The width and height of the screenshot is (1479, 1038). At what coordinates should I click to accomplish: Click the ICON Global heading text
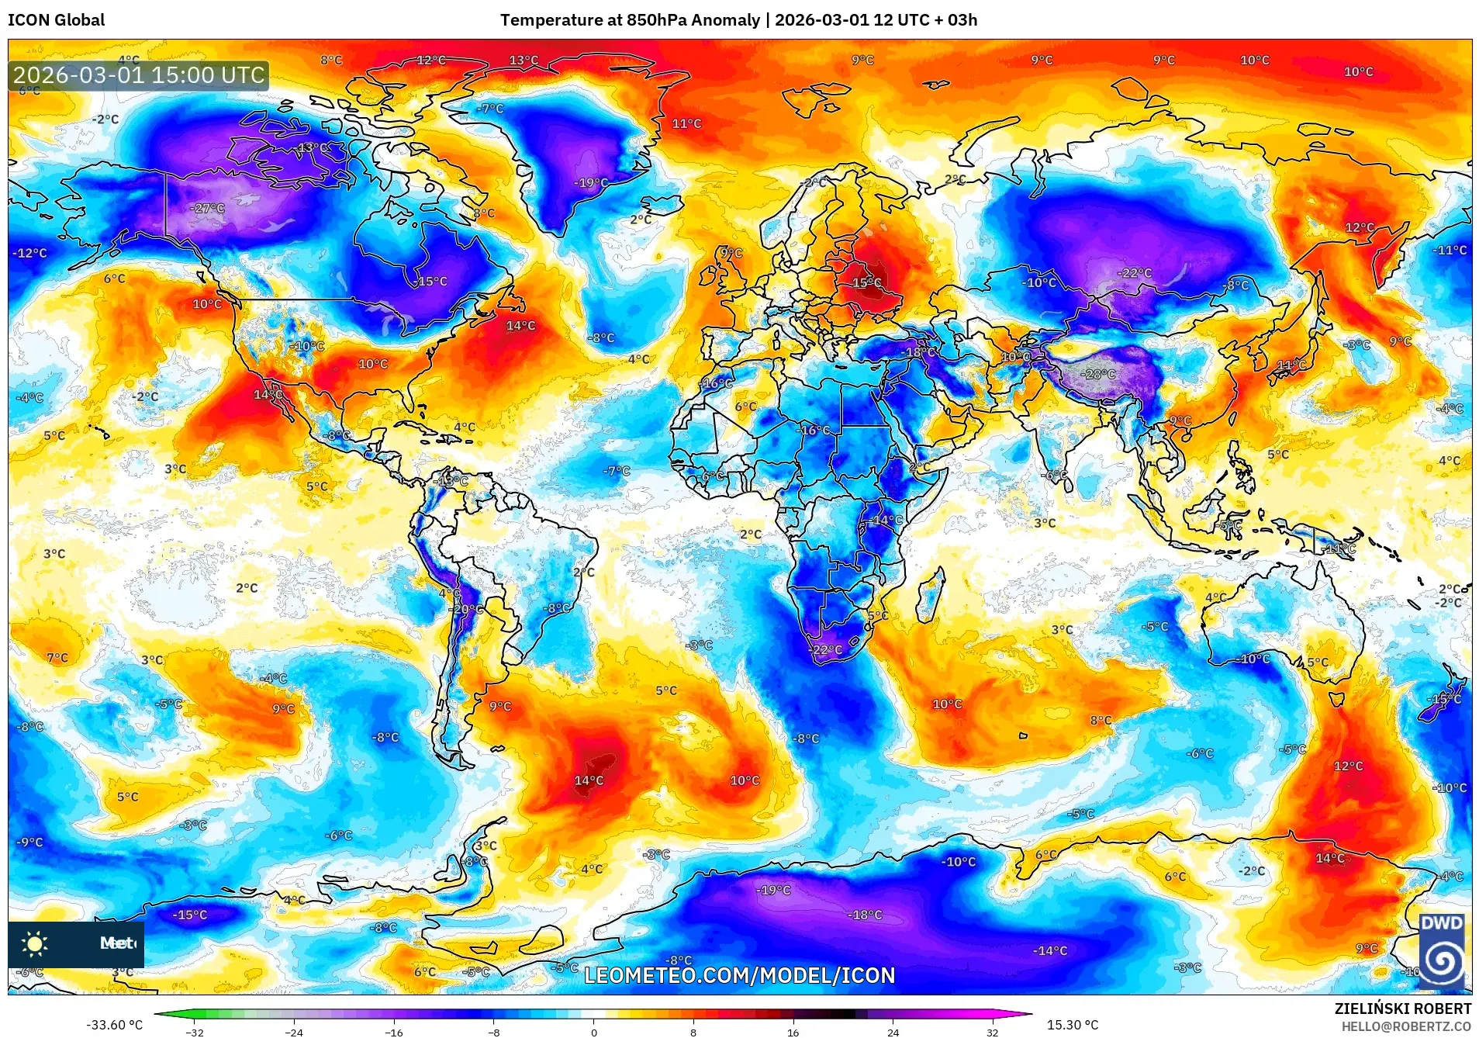[x=56, y=20]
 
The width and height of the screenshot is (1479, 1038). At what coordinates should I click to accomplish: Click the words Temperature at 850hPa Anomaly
[x=630, y=20]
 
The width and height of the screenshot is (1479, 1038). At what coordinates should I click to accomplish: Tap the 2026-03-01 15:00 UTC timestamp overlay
[x=139, y=75]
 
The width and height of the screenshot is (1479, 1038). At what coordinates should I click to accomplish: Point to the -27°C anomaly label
[x=208, y=208]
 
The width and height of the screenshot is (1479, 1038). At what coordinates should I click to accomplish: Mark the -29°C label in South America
[x=467, y=609]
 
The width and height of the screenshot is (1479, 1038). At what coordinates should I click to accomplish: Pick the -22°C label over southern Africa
[x=825, y=649]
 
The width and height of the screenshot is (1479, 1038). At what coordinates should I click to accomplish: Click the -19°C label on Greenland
[x=591, y=183]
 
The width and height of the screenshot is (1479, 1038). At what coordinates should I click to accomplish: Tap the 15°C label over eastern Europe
[x=867, y=283]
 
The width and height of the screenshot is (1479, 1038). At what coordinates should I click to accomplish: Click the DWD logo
[x=1441, y=950]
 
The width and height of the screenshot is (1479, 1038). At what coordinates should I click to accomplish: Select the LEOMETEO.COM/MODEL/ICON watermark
[x=739, y=975]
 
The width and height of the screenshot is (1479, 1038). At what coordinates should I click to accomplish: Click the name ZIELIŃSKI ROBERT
[x=1402, y=1009]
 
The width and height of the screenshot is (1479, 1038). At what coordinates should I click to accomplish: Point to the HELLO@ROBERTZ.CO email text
[x=1406, y=1026]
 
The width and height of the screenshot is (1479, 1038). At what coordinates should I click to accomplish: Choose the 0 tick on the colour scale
[x=594, y=1032]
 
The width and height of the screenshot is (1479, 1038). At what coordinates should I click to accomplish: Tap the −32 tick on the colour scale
[x=195, y=1032]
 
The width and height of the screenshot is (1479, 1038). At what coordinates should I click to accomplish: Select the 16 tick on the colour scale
[x=793, y=1032]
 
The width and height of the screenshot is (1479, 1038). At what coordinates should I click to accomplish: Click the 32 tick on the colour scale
[x=992, y=1032]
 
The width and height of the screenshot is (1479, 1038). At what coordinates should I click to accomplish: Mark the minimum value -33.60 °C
[x=114, y=1025]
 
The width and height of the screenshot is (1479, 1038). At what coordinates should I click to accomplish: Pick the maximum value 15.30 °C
[x=1073, y=1025]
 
